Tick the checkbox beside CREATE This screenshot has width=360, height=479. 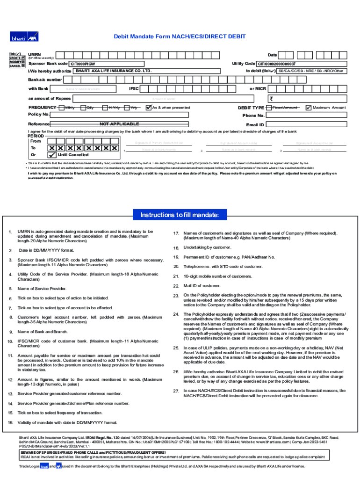pyautogui.click(x=23, y=57)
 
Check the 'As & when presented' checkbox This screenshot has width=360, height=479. pyautogui.click(x=149, y=108)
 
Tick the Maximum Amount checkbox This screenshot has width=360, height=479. pyautogui.click(x=308, y=108)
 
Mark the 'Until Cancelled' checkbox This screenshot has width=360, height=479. pyautogui.click(x=52, y=155)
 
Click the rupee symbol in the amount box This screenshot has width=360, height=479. pyautogui.click(x=271, y=99)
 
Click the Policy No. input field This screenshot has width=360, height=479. pyautogui.click(x=140, y=115)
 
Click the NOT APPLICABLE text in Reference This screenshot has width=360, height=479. pyautogui.click(x=119, y=124)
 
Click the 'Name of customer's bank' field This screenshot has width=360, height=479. pyautogui.click(x=89, y=88)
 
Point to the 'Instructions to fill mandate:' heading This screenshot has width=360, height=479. pyautogui.click(x=180, y=215)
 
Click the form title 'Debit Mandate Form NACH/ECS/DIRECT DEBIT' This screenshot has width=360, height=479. pyautogui.click(x=180, y=37)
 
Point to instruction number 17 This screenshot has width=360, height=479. pyautogui.click(x=176, y=233)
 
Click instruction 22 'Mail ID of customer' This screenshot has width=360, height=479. pyautogui.click(x=202, y=285)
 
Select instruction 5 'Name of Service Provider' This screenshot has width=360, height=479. pyautogui.click(x=42, y=289)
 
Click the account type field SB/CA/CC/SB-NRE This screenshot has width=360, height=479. pyautogui.click(x=311, y=71)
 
